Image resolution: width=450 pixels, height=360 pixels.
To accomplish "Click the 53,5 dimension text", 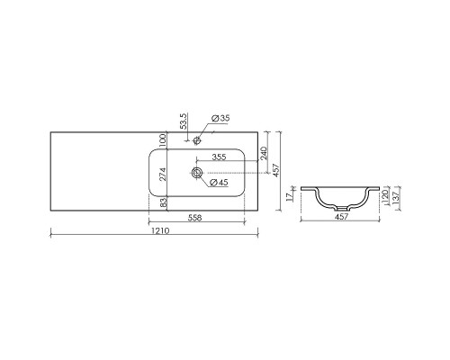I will [x=184, y=122].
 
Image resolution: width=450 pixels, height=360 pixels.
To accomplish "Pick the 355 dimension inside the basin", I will [x=219, y=157].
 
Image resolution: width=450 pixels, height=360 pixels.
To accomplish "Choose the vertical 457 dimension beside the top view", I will [x=278, y=169].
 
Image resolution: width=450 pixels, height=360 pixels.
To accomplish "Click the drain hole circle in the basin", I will [x=194, y=171].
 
